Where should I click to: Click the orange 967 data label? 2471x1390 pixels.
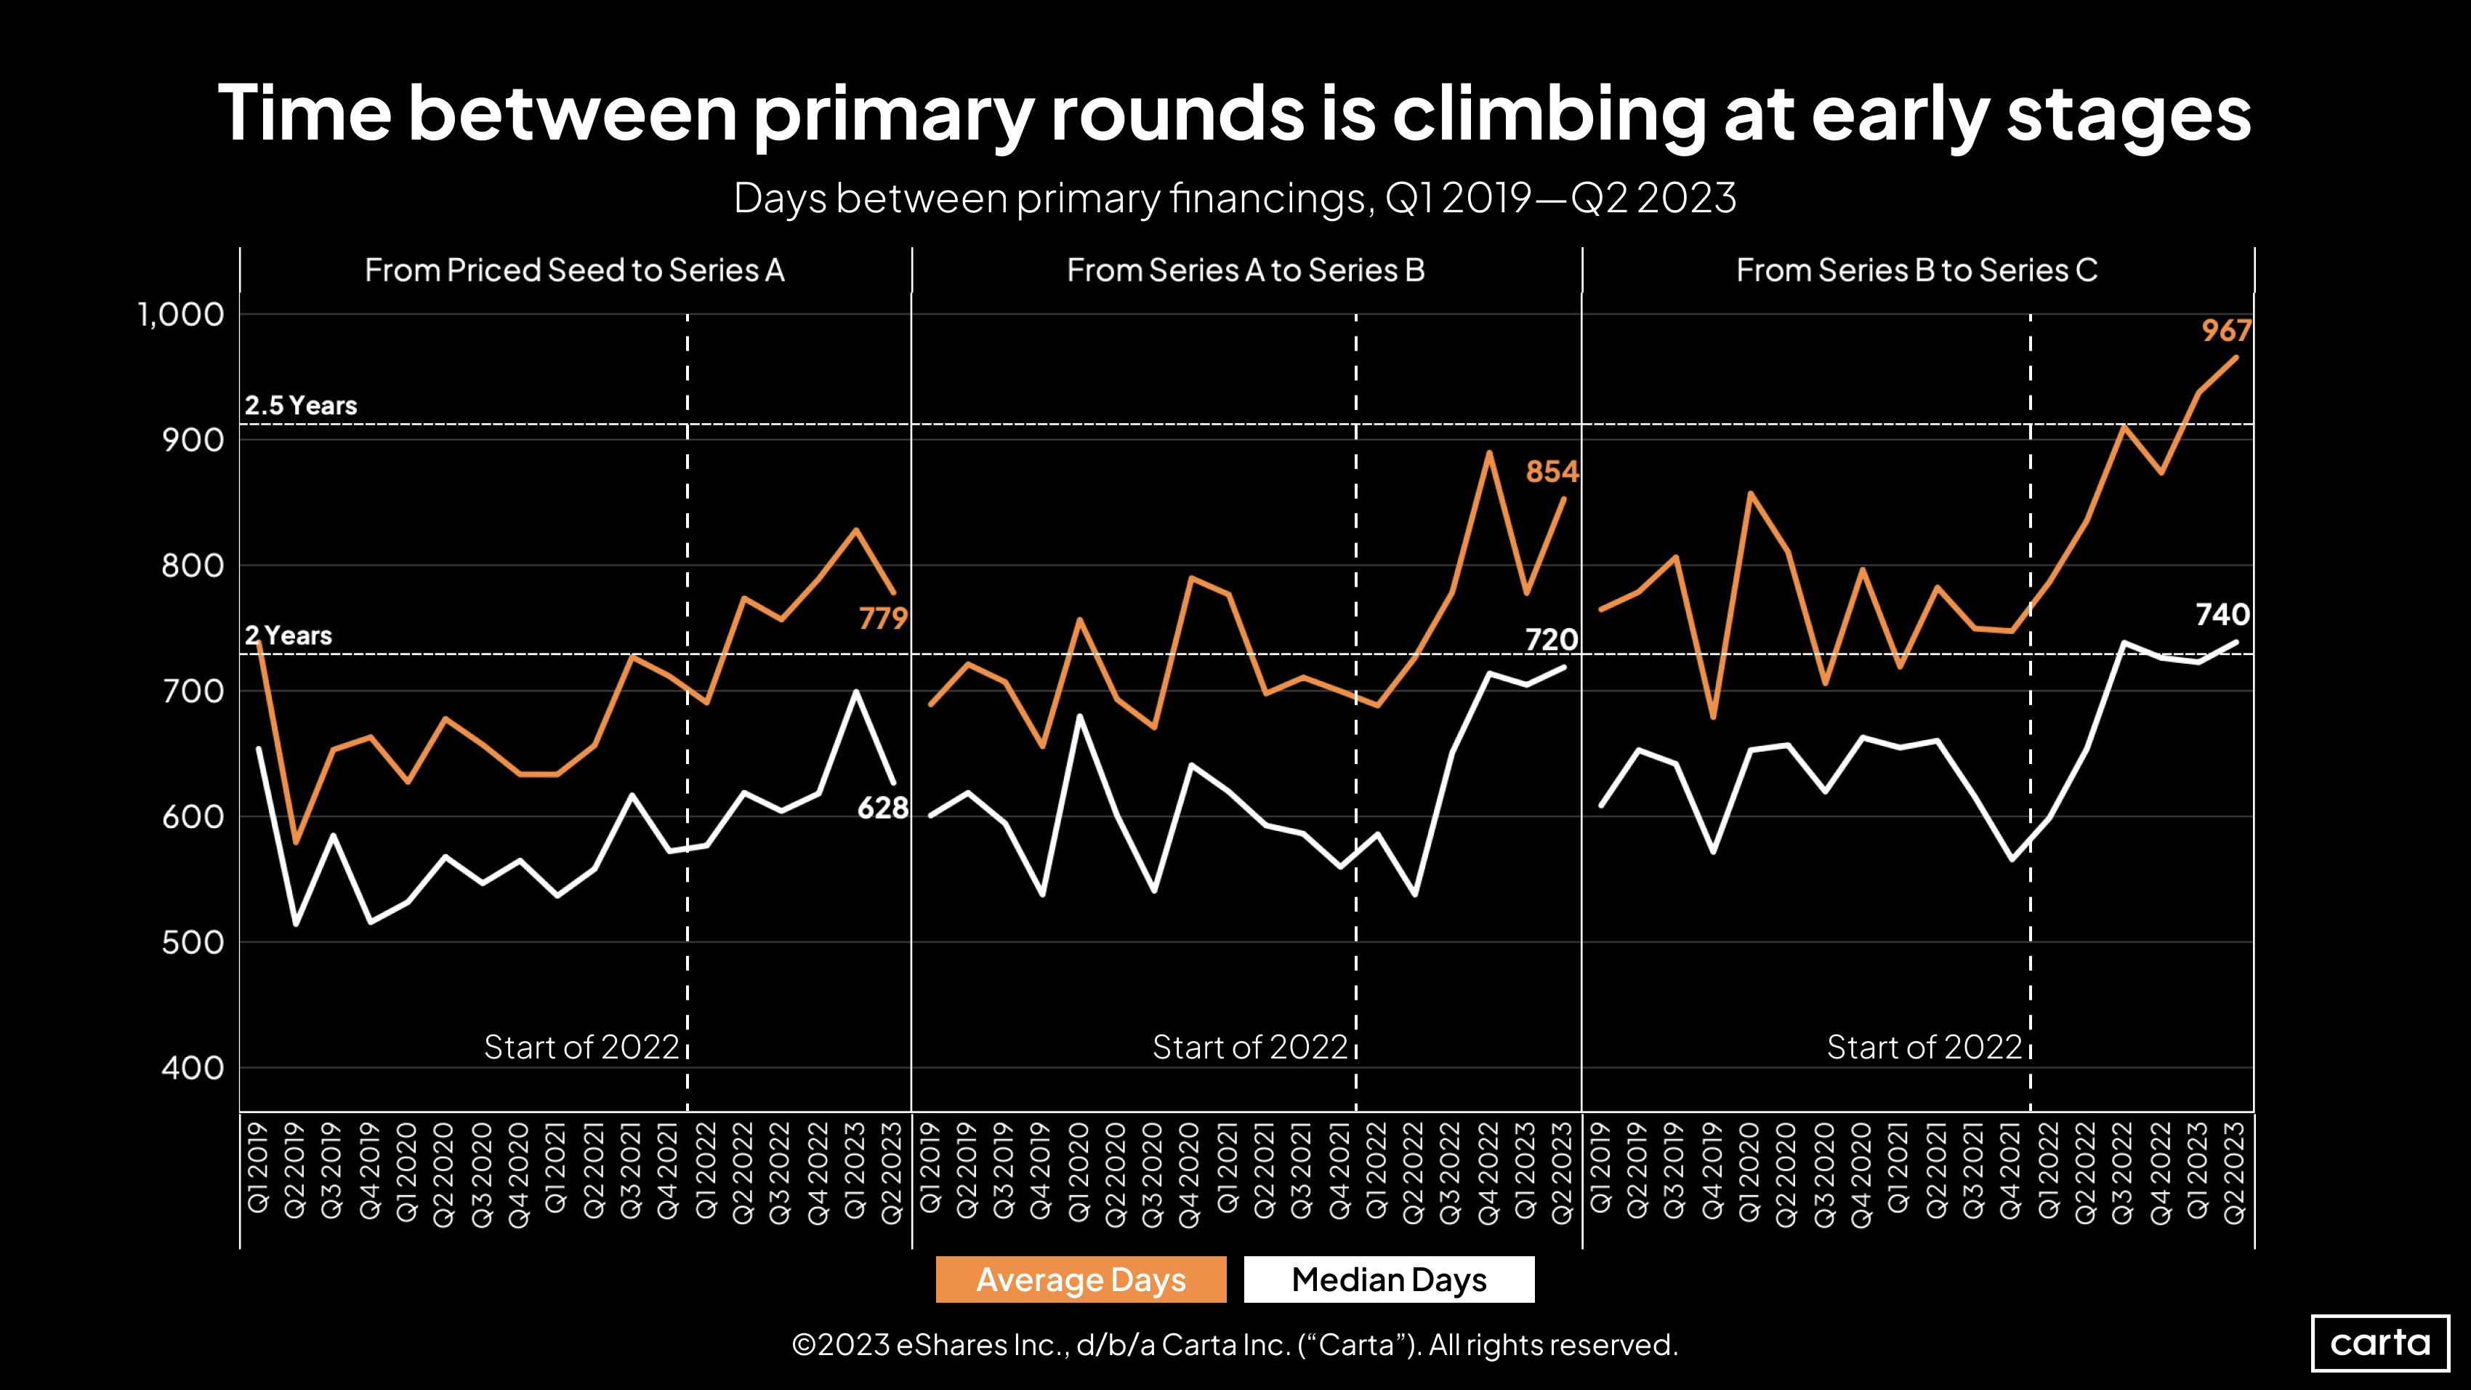(x=2225, y=331)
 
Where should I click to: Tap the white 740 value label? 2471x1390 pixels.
(x=2222, y=614)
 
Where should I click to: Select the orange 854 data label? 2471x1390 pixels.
(x=1551, y=472)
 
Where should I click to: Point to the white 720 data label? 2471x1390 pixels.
(x=1551, y=639)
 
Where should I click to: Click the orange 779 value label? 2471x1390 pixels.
(x=882, y=618)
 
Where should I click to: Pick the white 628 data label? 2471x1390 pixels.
(x=882, y=808)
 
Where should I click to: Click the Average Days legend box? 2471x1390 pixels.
(x=1081, y=1279)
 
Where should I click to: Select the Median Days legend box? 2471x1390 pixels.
(x=1388, y=1279)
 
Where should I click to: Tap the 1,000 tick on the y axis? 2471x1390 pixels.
(x=180, y=315)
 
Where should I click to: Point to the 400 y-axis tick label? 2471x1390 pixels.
(x=192, y=1068)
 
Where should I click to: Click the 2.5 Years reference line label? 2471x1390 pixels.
(x=300, y=406)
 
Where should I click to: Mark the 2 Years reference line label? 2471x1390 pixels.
(x=288, y=635)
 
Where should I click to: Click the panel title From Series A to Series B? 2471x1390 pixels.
(x=1245, y=270)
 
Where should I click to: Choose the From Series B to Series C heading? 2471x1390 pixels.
(x=1916, y=270)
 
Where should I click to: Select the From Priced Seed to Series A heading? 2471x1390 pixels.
(x=575, y=270)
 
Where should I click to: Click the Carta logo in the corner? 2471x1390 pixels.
(x=2380, y=1342)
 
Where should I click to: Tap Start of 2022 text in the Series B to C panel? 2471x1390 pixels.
(x=1924, y=1047)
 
